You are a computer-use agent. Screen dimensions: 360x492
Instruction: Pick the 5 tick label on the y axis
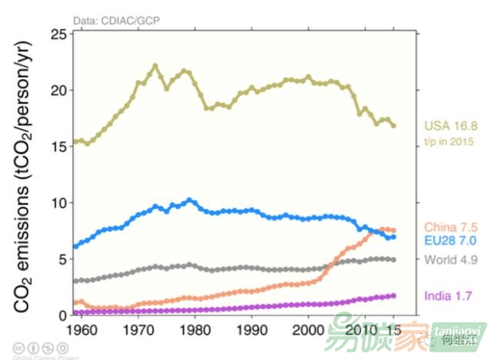point(61,259)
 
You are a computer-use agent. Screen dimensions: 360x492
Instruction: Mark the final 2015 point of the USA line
point(394,125)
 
